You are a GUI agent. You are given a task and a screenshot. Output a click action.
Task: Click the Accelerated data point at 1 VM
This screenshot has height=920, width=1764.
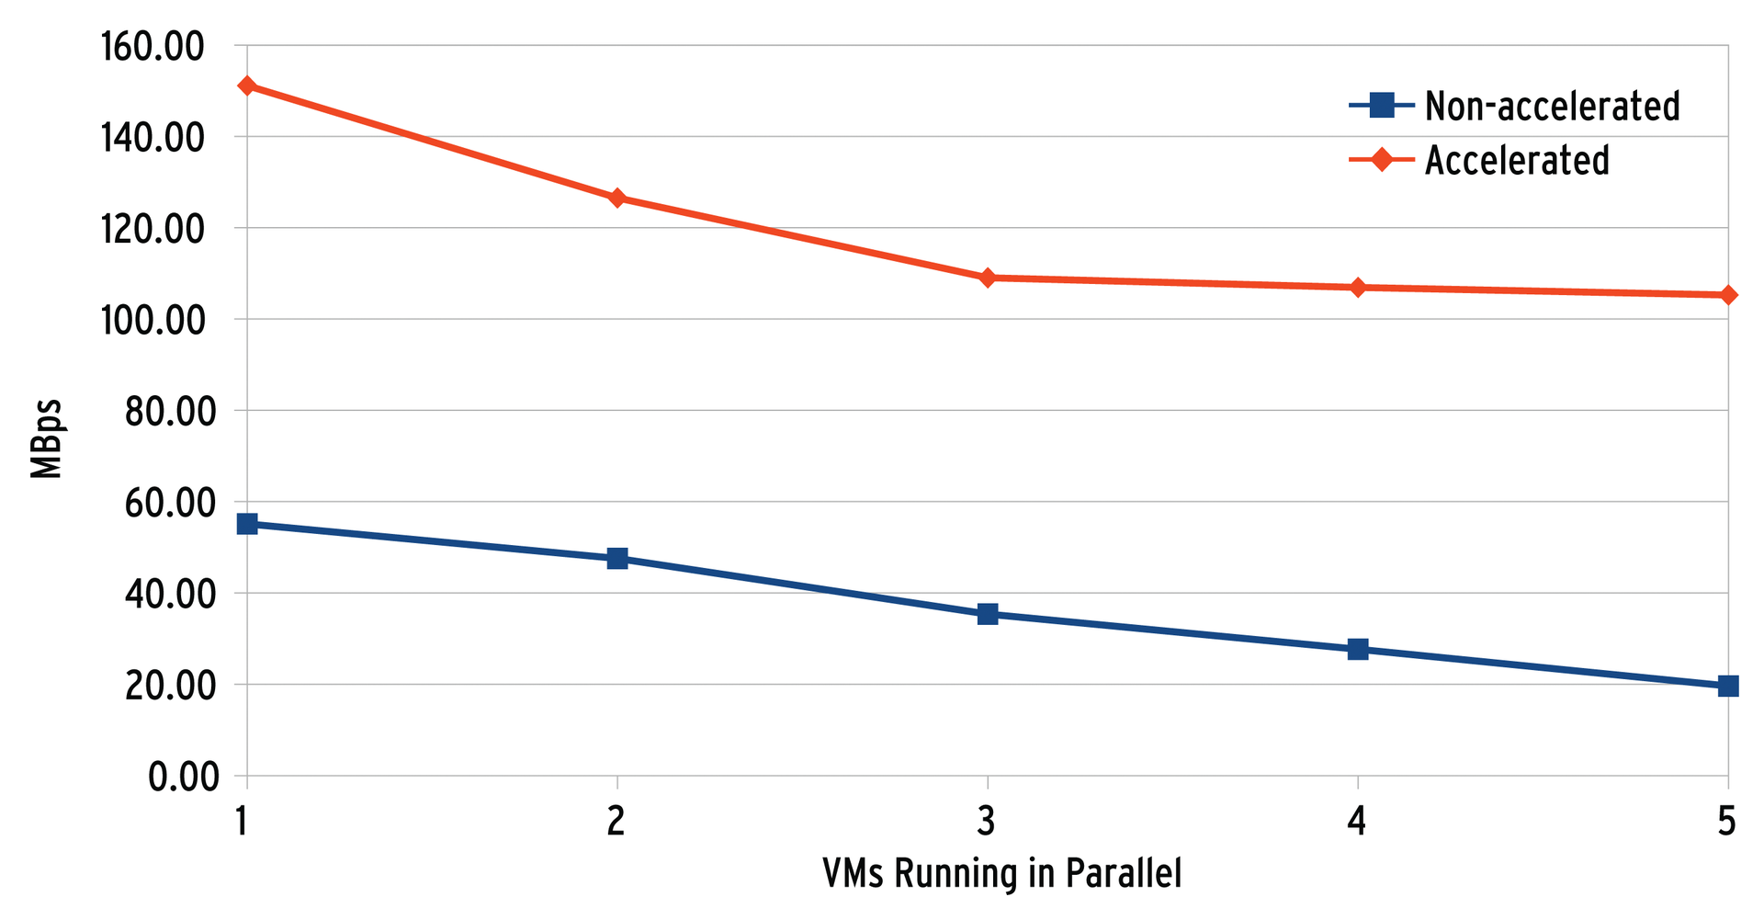pos(246,85)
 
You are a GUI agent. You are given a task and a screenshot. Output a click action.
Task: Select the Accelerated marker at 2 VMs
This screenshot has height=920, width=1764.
pos(616,199)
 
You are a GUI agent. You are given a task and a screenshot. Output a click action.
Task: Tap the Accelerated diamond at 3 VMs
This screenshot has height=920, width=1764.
pos(988,278)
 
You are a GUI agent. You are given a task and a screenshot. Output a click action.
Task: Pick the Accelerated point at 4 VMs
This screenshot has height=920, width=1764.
pos(1358,288)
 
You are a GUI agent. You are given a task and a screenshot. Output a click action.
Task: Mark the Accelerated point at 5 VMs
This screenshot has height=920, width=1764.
pos(1728,295)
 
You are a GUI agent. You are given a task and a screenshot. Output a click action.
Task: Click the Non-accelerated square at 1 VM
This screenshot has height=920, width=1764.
pos(246,524)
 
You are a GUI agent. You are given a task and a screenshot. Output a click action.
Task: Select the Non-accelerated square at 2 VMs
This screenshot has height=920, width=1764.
pos(616,559)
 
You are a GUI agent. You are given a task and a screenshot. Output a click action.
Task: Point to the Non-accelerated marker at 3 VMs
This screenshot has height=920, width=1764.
pos(988,614)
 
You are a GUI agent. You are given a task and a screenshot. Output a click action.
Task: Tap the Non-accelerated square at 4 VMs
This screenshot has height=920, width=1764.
pos(1358,650)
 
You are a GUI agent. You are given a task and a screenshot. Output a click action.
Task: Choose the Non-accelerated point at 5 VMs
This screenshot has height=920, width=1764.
pos(1728,686)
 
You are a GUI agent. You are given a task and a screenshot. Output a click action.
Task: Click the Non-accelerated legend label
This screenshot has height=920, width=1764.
pos(1552,107)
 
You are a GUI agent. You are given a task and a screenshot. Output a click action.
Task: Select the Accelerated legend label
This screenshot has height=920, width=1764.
pos(1517,161)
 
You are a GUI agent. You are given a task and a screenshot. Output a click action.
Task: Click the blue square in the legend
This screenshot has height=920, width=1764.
pos(1380,106)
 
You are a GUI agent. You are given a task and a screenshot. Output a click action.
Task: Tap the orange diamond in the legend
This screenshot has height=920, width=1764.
pos(1380,160)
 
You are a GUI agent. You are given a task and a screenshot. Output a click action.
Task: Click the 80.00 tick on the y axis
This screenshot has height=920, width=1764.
pos(171,411)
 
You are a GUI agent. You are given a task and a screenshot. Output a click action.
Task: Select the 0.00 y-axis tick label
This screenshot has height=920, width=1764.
pos(184,778)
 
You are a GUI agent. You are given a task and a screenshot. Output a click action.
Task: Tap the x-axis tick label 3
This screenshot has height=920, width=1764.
pos(987,821)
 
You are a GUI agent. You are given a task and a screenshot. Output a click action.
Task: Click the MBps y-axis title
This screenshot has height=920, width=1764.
pos(45,438)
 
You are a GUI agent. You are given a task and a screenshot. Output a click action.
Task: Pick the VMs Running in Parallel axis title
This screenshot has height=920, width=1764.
pos(1001,874)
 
